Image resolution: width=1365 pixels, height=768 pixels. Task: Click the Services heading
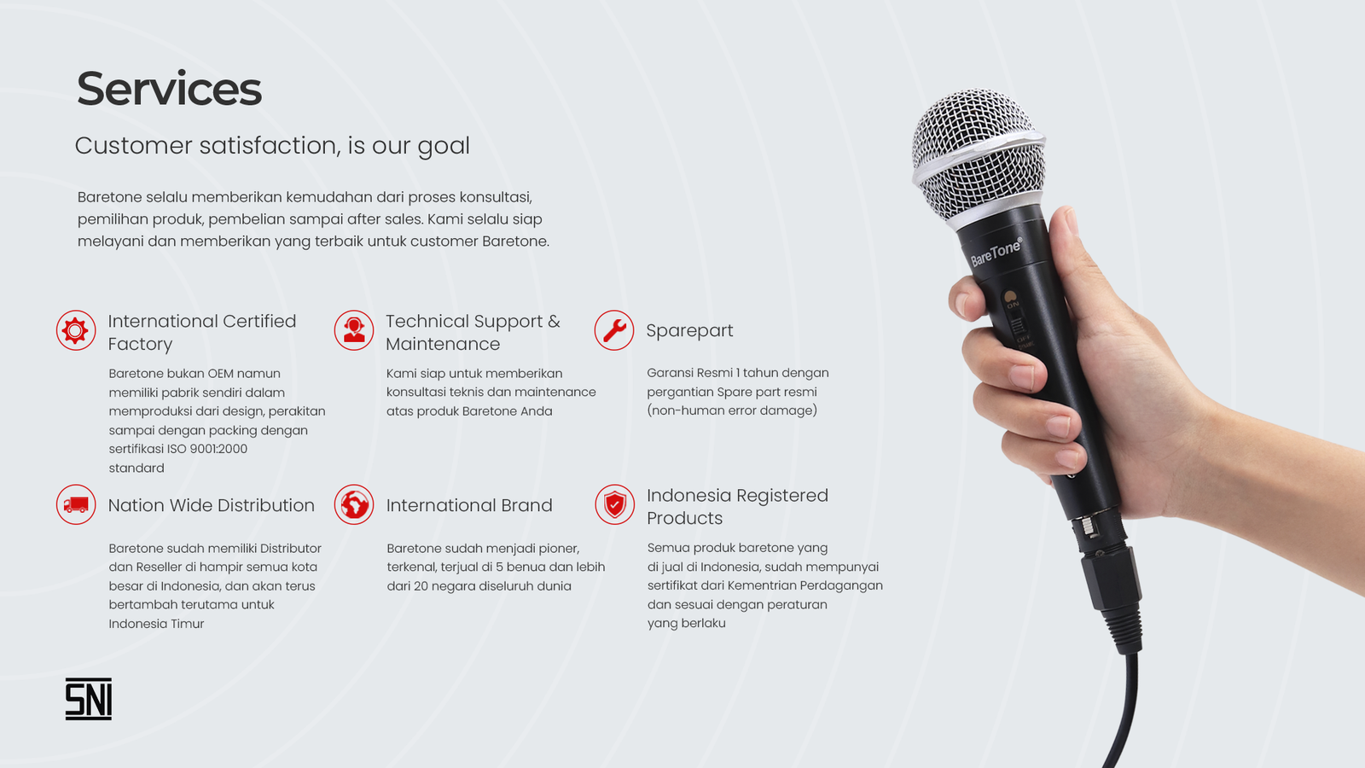point(169,89)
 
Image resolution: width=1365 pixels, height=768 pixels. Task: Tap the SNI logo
point(89,699)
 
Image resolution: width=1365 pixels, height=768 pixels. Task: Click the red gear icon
point(76,330)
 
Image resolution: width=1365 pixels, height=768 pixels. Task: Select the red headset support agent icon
point(354,330)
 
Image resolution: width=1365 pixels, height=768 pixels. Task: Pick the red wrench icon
point(614,330)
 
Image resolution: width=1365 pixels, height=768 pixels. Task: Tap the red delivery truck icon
point(76,504)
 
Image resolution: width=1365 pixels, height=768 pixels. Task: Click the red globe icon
point(354,504)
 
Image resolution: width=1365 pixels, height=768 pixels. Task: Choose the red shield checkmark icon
point(615,504)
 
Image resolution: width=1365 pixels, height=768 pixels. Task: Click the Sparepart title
point(689,331)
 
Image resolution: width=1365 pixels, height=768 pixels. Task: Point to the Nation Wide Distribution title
point(212,505)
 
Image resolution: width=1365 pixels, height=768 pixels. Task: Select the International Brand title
point(469,505)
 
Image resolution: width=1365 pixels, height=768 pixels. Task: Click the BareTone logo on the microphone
point(996,252)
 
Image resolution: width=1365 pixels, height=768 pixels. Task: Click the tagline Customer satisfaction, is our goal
point(272,146)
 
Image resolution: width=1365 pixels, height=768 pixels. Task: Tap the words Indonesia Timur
point(157,624)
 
